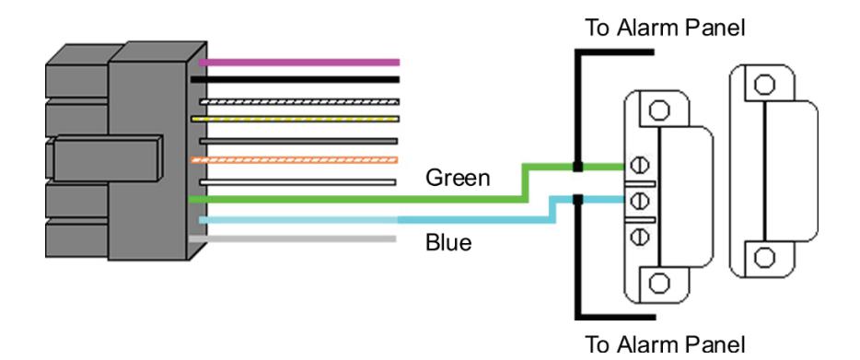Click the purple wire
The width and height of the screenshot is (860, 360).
(x=299, y=63)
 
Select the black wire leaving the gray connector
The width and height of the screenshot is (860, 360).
(x=295, y=79)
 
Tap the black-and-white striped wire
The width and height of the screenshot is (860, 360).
(x=299, y=101)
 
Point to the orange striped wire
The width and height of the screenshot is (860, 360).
(x=294, y=160)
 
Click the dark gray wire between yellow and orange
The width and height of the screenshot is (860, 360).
(x=298, y=141)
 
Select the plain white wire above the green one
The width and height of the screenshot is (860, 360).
(x=297, y=182)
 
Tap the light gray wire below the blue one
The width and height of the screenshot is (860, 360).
(x=292, y=238)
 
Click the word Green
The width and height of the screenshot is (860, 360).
(x=458, y=178)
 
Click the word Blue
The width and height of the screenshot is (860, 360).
(x=448, y=242)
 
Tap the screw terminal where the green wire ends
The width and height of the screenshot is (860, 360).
(x=637, y=165)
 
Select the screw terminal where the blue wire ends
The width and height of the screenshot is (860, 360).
(x=637, y=201)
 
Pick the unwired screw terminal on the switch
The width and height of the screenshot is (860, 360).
(x=637, y=237)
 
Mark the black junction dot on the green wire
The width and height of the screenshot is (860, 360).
(x=577, y=166)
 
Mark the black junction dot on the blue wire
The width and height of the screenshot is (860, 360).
(x=577, y=200)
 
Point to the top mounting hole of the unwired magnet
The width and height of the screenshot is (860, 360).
(x=764, y=85)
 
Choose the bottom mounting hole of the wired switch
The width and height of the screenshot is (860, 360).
(x=658, y=284)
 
